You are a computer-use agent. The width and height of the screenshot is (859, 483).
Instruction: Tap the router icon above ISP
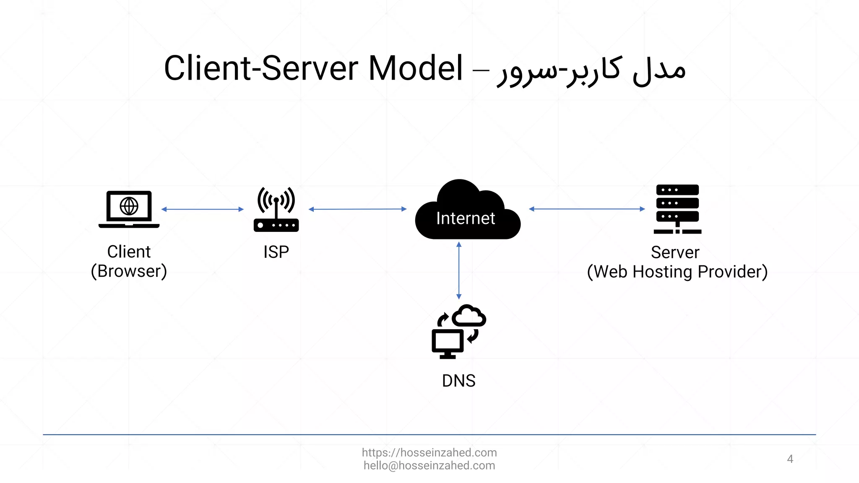coord(276,210)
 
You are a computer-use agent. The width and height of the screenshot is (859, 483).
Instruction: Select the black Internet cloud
coord(467,212)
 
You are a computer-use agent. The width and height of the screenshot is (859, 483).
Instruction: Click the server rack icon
coord(677,209)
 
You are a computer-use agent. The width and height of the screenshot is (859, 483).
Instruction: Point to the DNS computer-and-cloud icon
coord(458,332)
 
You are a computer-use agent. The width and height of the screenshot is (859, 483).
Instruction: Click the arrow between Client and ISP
coord(202,209)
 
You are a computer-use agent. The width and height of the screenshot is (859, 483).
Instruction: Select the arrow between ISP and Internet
coord(357,209)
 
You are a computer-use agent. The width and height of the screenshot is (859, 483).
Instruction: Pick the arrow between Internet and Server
coord(587,209)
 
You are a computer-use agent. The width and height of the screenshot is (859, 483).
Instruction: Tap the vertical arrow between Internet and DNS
coord(459,270)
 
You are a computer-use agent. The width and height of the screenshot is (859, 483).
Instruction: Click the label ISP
coord(276,252)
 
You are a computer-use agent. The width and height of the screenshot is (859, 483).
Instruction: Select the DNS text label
coord(458,381)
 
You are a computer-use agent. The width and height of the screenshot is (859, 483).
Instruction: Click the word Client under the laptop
coord(129,252)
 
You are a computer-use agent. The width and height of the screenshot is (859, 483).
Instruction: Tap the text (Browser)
coord(129,271)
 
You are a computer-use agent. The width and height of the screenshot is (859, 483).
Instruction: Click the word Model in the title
coord(415,68)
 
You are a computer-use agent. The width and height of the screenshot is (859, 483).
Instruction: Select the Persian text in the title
coord(591,70)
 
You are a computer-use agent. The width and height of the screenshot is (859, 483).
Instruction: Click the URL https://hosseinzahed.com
coord(429,453)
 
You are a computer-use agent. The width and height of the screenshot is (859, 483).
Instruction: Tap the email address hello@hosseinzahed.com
coord(429,465)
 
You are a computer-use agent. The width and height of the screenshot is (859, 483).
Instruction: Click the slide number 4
coord(790,459)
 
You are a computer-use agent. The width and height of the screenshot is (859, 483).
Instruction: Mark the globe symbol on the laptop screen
coord(129,206)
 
